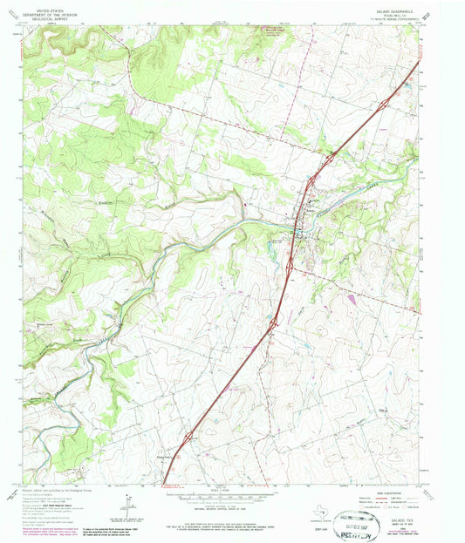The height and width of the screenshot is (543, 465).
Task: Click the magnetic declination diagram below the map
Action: coord(128,501)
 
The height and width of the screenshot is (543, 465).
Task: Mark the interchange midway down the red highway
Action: coord(273,323)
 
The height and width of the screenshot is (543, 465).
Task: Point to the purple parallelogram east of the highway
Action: coord(351,299)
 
